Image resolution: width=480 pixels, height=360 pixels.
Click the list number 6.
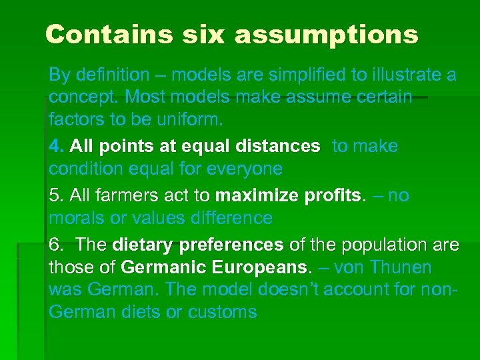[55, 245]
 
